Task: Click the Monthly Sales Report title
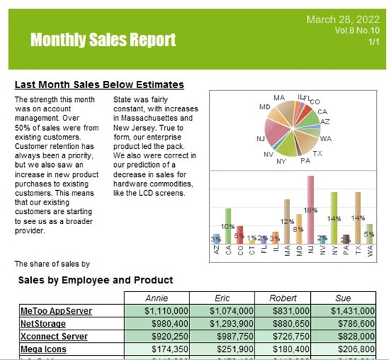click(x=103, y=40)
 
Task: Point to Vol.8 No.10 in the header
click(x=357, y=32)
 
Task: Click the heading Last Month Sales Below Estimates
click(x=99, y=85)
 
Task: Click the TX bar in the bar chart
click(x=357, y=217)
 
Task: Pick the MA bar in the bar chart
click(x=287, y=220)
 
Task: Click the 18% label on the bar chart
click(x=310, y=210)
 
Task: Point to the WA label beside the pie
click(x=325, y=138)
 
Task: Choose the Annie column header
click(x=157, y=297)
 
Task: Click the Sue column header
click(x=343, y=297)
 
